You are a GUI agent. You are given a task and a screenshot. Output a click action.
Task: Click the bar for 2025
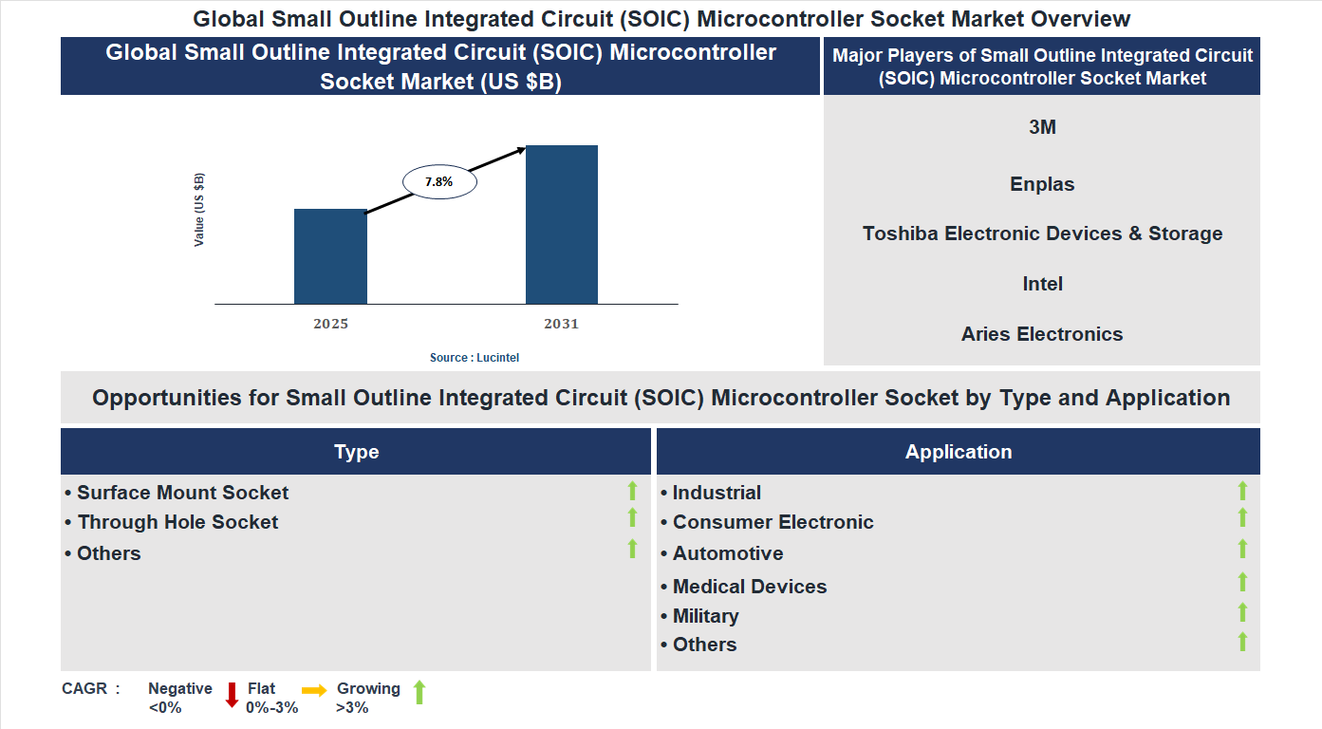[330, 256]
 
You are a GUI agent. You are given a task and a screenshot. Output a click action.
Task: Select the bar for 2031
[562, 225]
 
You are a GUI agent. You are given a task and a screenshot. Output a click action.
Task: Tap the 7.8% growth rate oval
[439, 181]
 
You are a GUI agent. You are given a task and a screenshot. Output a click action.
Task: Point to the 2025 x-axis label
[330, 324]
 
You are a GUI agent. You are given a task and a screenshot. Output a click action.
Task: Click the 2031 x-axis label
[561, 324]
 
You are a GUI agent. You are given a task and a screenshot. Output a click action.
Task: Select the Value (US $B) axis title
[199, 210]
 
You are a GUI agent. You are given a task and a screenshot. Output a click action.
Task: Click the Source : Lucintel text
[475, 358]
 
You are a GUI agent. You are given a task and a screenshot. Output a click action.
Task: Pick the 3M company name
[1042, 127]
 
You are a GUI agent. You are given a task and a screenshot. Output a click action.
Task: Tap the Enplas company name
[1042, 184]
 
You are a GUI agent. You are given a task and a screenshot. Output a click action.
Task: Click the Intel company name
[1042, 284]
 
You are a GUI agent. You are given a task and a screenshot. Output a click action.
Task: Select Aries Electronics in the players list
[1042, 334]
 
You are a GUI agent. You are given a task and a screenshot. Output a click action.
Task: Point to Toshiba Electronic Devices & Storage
[1042, 234]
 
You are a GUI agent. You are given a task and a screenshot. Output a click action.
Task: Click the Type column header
[356, 452]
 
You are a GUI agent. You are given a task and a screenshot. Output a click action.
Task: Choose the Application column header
[959, 452]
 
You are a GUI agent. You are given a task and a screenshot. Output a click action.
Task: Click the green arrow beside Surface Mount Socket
[632, 491]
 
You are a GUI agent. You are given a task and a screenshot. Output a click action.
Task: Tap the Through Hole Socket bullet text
[177, 522]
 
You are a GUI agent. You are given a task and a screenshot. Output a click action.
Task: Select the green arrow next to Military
[1242, 613]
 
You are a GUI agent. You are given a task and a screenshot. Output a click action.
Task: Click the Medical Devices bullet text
[749, 587]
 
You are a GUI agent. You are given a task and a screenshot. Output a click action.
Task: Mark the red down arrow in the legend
[232, 695]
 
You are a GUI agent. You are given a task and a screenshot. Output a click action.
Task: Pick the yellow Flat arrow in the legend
[314, 690]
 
